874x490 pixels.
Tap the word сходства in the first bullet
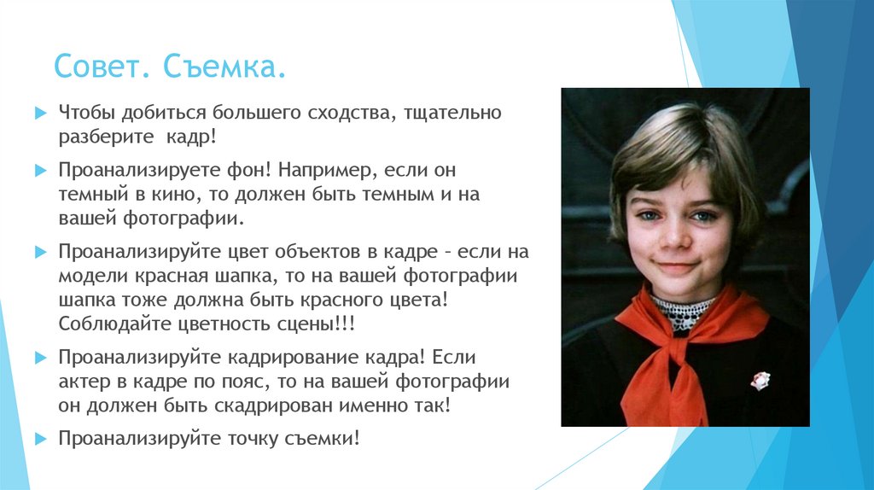pos(341,114)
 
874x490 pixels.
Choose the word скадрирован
pos(265,405)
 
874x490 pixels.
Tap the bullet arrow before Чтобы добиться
pos(39,114)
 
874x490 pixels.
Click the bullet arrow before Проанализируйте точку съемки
pos(39,439)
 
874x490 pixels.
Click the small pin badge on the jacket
pos(760,380)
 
